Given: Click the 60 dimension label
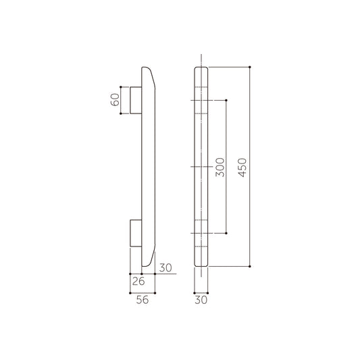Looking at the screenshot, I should [x=115, y=99].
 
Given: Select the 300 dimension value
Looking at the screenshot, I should [x=220, y=167].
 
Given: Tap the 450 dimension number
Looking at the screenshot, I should [x=244, y=167].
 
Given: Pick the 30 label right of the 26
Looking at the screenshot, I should [x=165, y=267].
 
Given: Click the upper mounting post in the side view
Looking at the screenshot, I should [x=134, y=99].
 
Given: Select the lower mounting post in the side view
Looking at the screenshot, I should [x=134, y=233].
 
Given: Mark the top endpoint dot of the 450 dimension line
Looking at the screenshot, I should [x=251, y=66].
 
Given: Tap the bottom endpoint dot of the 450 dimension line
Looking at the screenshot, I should [x=251, y=267].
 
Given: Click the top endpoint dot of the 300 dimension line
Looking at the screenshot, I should [x=226, y=100].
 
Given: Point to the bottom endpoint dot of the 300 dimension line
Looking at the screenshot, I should [x=226, y=233].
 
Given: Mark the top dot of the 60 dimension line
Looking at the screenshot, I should [x=120, y=86].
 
